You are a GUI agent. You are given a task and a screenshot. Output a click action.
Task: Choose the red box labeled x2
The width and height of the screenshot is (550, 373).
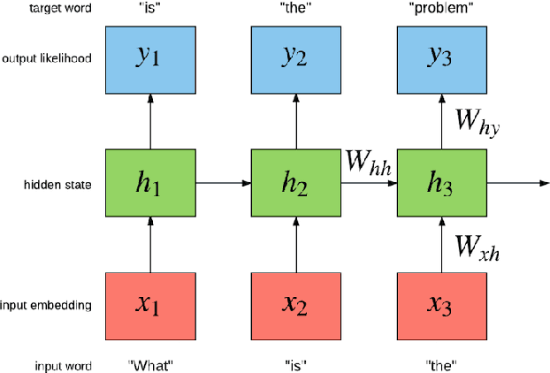pos(296,305)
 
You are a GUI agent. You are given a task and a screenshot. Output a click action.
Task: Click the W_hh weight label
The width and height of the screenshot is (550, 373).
pos(370,163)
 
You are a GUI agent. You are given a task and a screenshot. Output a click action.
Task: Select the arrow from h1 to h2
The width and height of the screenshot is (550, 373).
pos(223,183)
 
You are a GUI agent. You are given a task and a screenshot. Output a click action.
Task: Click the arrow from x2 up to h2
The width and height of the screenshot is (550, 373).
pos(296,245)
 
